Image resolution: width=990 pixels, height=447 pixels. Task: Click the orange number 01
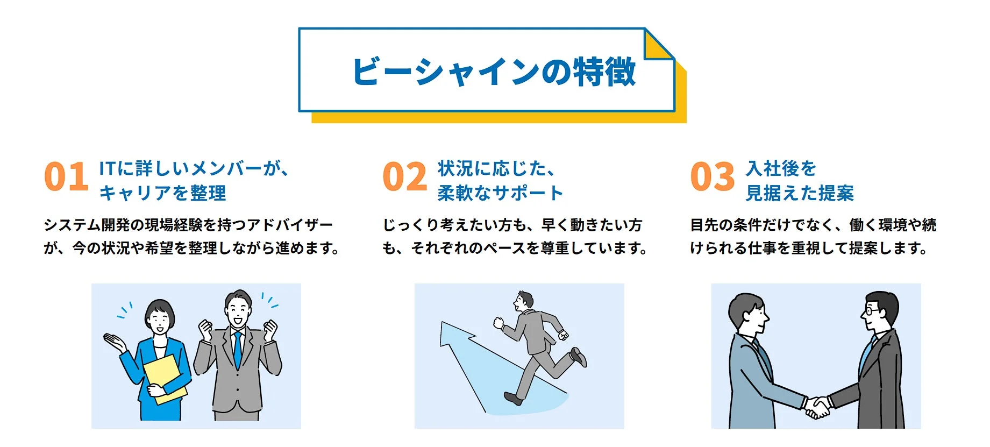tap(66, 177)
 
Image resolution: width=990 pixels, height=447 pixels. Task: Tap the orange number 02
tap(404, 177)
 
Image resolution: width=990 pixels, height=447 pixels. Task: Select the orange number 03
tap(712, 177)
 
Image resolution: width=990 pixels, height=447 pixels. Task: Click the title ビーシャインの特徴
tap(494, 72)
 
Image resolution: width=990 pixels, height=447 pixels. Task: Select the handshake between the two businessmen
tap(817, 407)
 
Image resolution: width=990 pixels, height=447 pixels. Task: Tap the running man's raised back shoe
tap(579, 357)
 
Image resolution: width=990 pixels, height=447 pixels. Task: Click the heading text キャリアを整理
tap(162, 193)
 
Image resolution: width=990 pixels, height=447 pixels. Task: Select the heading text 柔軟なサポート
tap(500, 193)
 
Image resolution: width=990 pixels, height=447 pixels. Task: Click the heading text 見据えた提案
tap(800, 193)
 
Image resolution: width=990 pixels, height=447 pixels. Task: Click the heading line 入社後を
tap(781, 168)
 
